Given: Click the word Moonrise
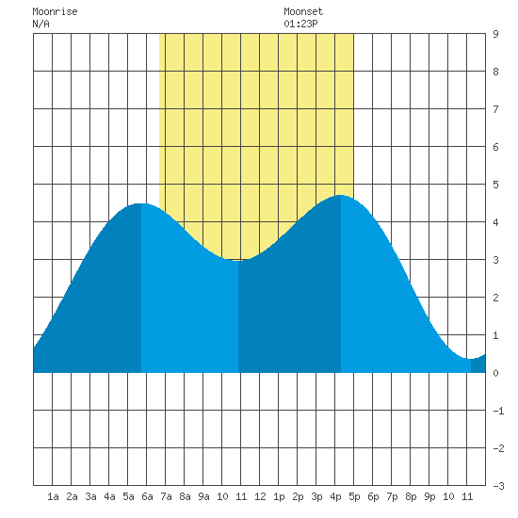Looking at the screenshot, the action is pos(55,11).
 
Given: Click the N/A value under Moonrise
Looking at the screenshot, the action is pos(40,24).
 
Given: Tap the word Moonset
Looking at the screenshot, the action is pos(303,11).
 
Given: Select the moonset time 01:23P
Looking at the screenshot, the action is pos(300,24).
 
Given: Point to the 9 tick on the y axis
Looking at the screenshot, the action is pos(495,34).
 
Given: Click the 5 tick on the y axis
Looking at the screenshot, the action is pos(495,185).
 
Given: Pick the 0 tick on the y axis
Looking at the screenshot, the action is pos(495,373).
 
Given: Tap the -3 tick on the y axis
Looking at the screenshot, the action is pos(498,486).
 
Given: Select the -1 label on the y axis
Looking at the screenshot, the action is pos(498,411).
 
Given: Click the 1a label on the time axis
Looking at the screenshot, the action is pos(53,496).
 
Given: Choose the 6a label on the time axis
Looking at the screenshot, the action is pos(147,496).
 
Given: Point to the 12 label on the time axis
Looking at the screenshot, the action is pos(260,496).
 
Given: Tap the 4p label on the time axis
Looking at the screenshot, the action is pos(335,496).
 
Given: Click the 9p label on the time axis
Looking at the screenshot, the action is pos(429,496).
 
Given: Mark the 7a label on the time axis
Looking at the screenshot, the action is pos(166,496).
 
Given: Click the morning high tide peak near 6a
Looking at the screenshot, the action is pos(141,203).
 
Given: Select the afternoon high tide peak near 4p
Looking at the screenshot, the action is pos(341,195).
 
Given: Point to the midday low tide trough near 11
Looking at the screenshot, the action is pos(238,260).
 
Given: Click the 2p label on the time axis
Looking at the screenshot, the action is pos(298,496).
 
